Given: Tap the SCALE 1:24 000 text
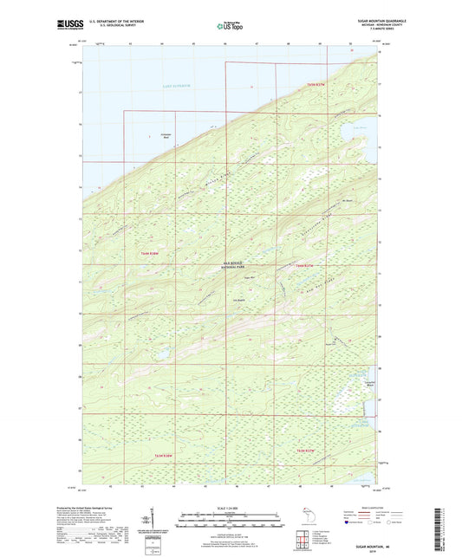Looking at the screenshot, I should pos(231,508).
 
